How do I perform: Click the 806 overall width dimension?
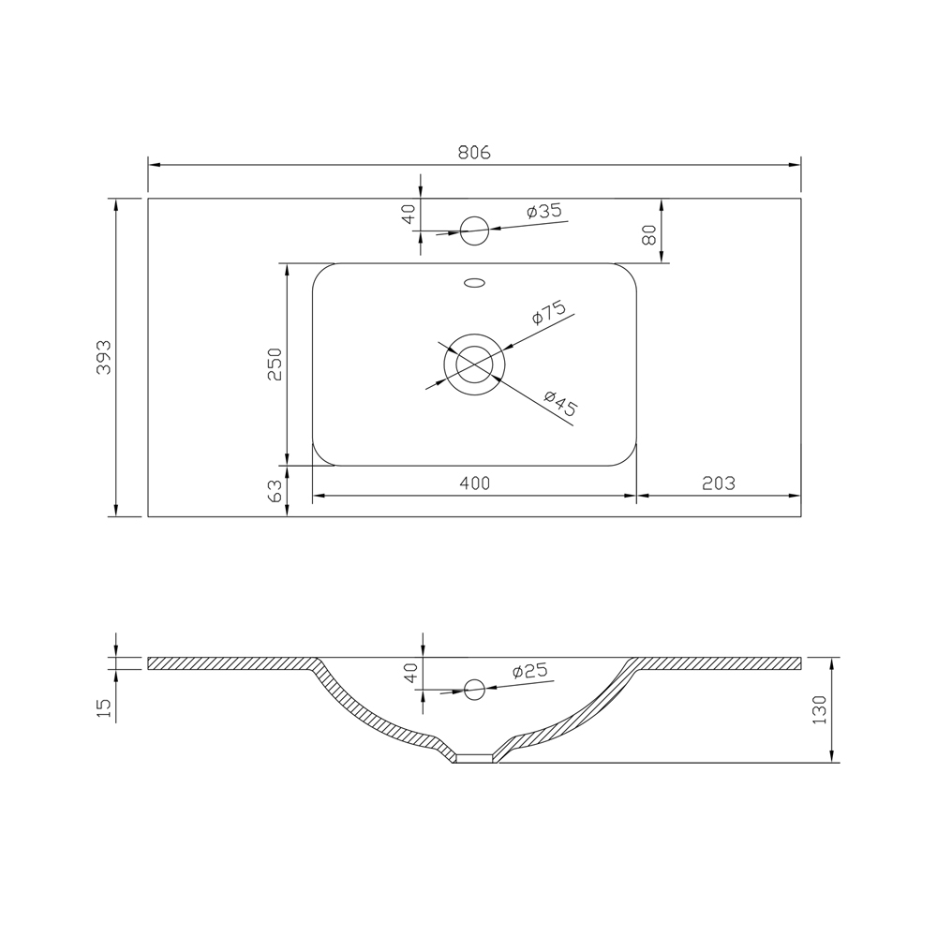(x=474, y=153)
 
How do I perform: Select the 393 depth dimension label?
(x=104, y=357)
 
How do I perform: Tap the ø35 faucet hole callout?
(x=544, y=211)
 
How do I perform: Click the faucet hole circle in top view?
(x=474, y=231)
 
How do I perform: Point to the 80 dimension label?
(x=649, y=234)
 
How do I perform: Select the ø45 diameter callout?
(x=560, y=403)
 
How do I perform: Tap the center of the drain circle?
(x=474, y=364)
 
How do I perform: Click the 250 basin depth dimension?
(x=275, y=364)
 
